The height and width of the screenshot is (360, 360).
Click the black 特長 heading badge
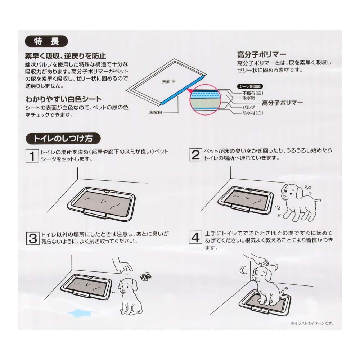tap(46, 41)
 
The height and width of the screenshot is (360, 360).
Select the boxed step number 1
tap(32, 156)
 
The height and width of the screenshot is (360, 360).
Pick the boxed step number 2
tap(195, 155)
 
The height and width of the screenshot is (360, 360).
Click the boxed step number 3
tap(32, 238)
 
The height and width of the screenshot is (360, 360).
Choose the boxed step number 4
tap(195, 238)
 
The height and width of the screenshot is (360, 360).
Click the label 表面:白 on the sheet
tap(168, 82)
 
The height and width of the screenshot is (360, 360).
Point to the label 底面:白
tap(156, 113)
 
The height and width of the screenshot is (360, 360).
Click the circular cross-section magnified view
tap(204, 100)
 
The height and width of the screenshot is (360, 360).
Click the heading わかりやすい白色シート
tap(63, 99)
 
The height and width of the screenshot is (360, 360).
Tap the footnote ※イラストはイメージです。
tap(311, 323)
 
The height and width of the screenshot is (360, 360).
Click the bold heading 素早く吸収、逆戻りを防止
tap(65, 56)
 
